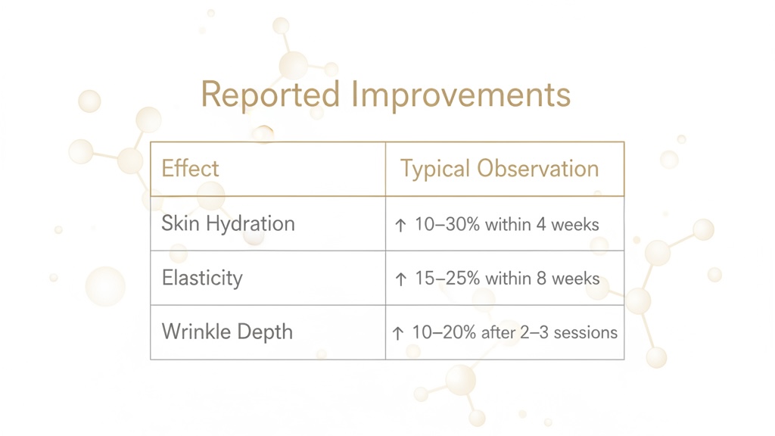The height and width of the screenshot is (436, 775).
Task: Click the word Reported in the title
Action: point(270,95)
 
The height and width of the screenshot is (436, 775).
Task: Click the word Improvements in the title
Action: point(461,95)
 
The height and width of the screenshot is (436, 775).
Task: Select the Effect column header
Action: point(190,169)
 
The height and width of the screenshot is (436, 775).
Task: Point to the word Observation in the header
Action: point(538,169)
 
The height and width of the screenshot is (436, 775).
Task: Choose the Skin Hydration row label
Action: point(229,224)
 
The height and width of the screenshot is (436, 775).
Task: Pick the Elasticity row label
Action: point(203,278)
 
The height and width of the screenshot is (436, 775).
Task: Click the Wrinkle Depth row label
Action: point(227,332)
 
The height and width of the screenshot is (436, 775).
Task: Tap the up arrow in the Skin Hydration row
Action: point(400,226)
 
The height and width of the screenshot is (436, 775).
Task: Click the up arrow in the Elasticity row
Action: point(401,280)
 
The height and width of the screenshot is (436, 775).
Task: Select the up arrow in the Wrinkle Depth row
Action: point(398,334)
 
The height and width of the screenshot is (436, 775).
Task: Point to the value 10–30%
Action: point(447,224)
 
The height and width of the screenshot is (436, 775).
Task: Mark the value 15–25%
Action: point(447,279)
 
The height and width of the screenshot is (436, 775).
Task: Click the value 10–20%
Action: point(444,332)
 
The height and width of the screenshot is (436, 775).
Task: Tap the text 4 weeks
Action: point(568,224)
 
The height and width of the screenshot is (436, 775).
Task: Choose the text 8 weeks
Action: point(568,279)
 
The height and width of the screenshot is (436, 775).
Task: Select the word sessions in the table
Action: point(586,333)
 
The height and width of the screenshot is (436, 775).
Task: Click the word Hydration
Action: point(251,224)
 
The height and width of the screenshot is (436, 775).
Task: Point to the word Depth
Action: point(265,332)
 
